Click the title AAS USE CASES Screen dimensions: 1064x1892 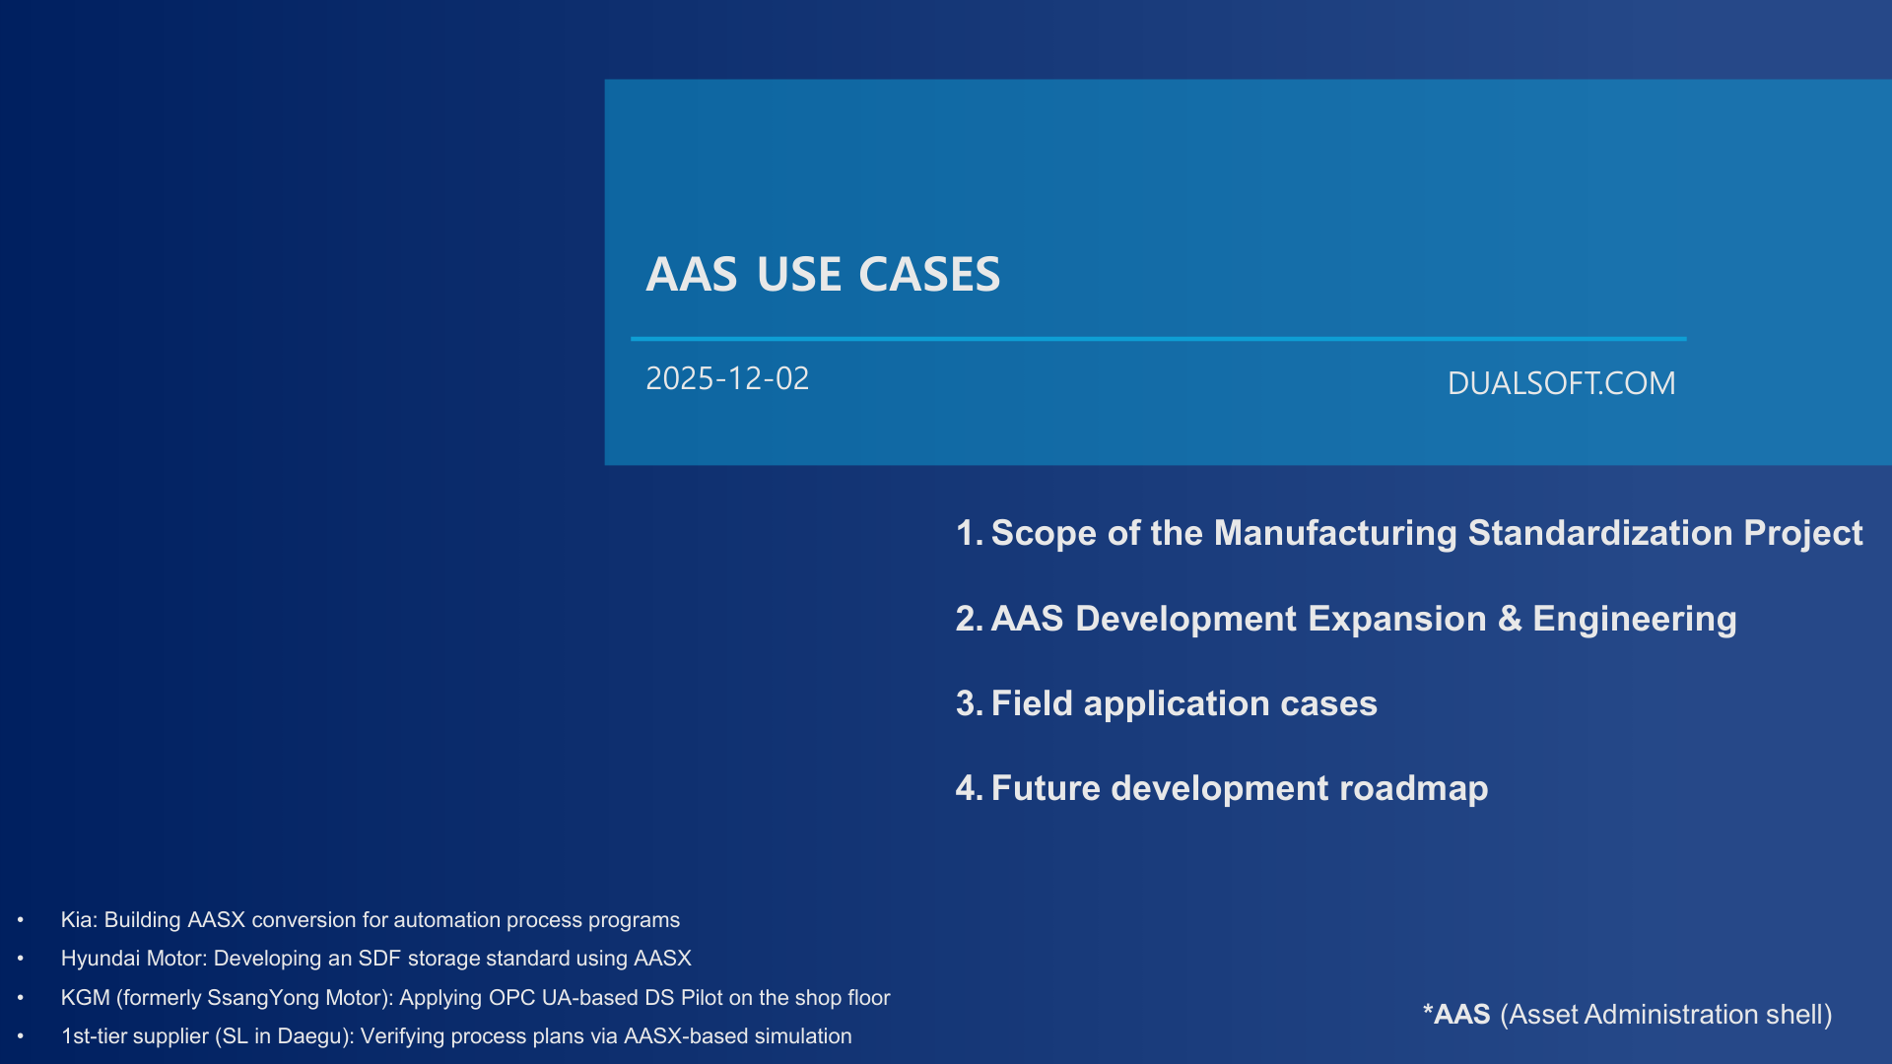point(823,274)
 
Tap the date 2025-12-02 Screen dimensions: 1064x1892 point(727,378)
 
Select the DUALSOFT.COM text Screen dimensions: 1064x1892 point(1561,383)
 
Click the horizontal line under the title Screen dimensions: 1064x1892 point(1158,339)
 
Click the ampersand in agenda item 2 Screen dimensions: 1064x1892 point(1509,619)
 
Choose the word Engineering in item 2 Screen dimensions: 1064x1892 point(1634,619)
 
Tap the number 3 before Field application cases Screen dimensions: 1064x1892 point(966,703)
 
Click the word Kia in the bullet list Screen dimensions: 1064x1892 point(77,920)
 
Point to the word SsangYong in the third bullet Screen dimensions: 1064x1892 point(263,998)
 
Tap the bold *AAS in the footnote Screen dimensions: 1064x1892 point(1456,1015)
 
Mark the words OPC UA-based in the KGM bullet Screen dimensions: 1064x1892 point(563,998)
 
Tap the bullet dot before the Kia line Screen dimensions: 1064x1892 point(21,920)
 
